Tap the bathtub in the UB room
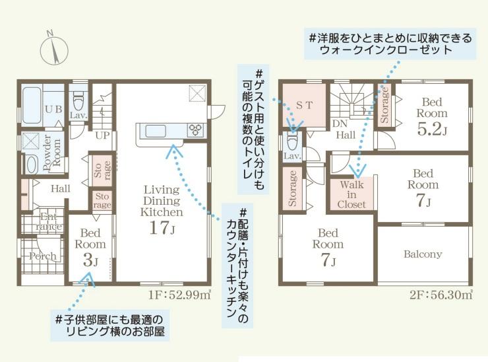click(32, 105)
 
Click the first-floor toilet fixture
click(77, 100)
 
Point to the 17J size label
click(162, 227)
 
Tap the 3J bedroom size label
click(90, 260)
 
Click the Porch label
click(43, 256)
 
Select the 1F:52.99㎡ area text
click(179, 295)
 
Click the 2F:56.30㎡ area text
click(441, 295)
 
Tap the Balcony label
click(423, 254)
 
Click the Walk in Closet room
click(351, 194)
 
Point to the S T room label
click(304, 106)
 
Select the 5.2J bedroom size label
click(432, 129)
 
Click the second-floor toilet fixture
click(292, 141)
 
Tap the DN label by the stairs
click(340, 124)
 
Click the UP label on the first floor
click(102, 135)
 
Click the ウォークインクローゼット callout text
click(386, 50)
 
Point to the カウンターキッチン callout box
click(237, 266)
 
